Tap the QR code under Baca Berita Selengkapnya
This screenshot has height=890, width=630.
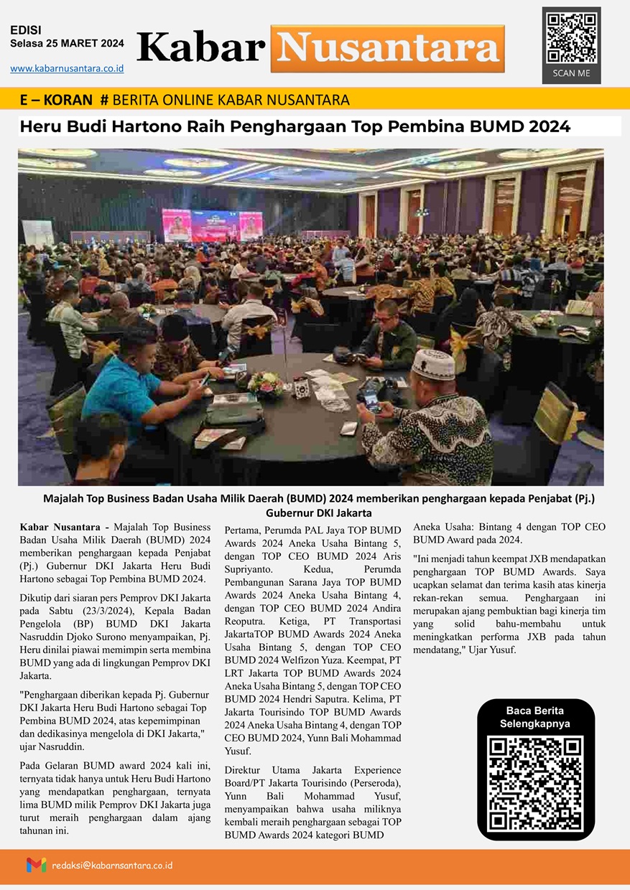536,782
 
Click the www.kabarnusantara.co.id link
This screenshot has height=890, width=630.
67,68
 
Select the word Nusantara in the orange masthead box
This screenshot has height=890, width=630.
388,48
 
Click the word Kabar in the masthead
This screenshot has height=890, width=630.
200,48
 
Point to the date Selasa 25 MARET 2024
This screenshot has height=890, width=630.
67,43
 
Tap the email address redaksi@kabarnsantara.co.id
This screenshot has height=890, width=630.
112,866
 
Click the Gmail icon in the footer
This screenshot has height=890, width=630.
36,865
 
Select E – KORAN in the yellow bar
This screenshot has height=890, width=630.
57,100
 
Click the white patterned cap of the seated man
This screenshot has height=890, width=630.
432,364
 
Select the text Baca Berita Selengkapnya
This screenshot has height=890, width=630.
535,718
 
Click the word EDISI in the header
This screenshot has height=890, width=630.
26,30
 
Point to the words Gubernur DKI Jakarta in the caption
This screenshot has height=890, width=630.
318,513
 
